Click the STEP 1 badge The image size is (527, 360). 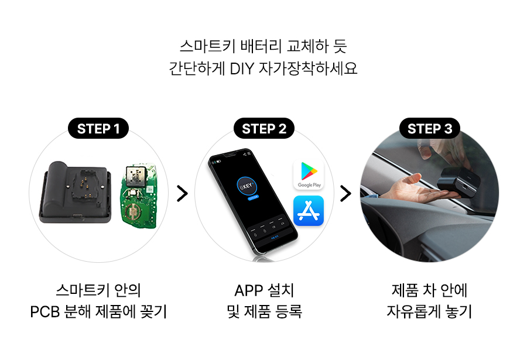pos(98,128)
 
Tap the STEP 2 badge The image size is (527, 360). pos(264,128)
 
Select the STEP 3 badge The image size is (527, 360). pos(430,128)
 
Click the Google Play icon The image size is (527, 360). pos(309,174)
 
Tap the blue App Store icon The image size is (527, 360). pos(309,211)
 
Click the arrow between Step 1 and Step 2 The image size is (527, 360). pos(182,193)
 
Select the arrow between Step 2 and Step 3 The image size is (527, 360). pos(345,193)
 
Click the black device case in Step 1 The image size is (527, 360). pos(76,192)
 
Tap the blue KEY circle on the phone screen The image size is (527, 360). pos(247,186)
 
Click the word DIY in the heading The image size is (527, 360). pos(242,68)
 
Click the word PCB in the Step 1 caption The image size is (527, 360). pos(44,311)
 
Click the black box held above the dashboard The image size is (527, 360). pos(458,183)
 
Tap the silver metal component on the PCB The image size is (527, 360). pos(136,175)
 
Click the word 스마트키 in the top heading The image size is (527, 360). pos(207,46)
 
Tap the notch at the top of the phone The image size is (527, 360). pos(231,155)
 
